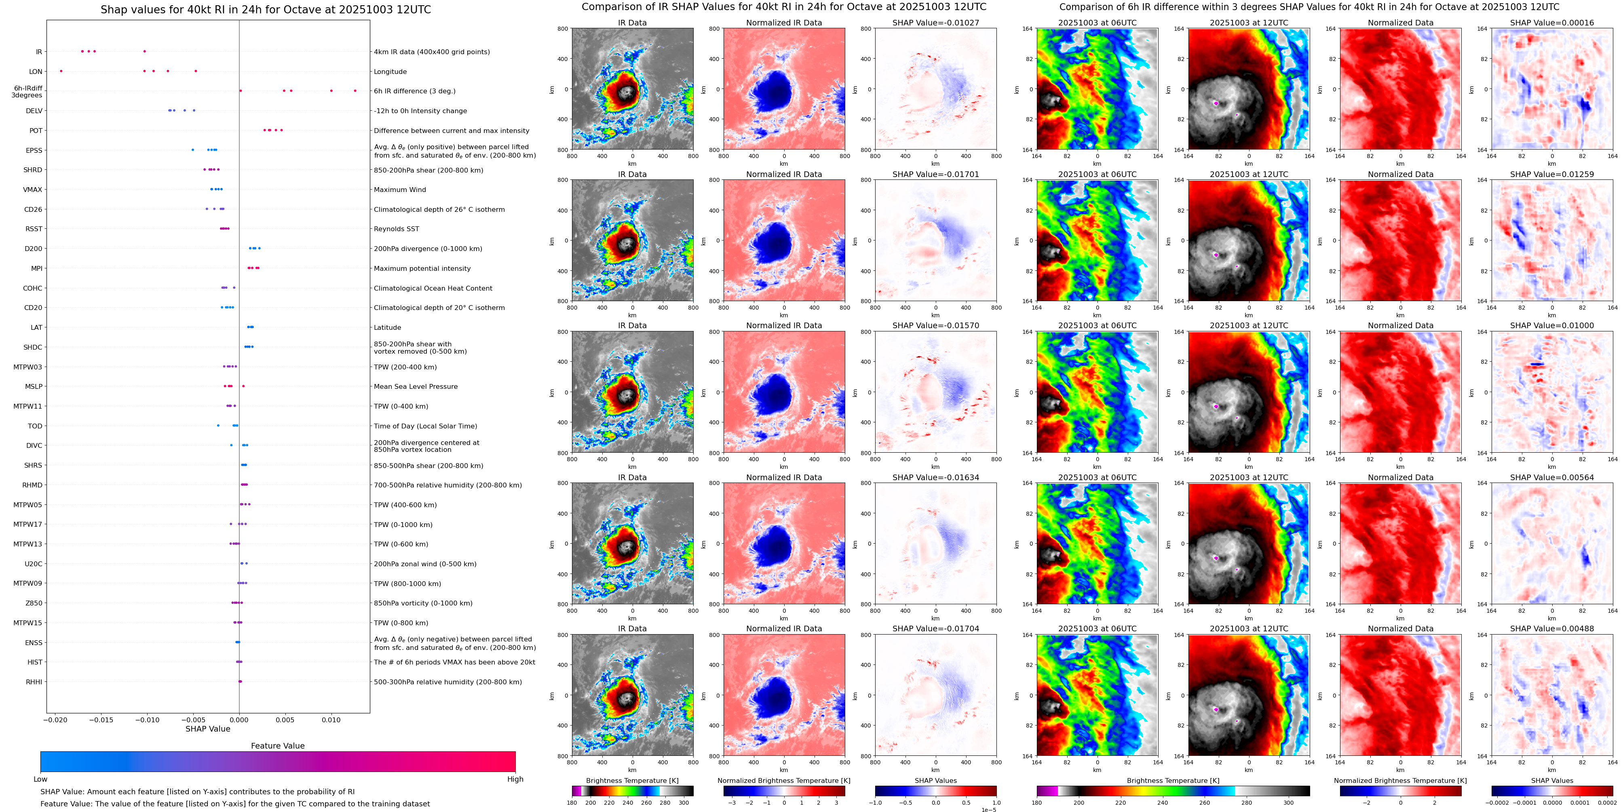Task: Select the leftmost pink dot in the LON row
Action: click(x=61, y=71)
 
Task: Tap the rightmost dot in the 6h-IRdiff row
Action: click(x=355, y=91)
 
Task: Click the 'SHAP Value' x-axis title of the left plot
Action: click(x=207, y=729)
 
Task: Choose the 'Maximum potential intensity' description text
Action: click(x=422, y=268)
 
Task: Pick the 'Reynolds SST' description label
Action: click(x=396, y=229)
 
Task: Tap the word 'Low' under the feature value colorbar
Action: click(x=40, y=779)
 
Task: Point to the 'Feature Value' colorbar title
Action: click(x=277, y=746)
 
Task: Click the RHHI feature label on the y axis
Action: click(x=34, y=681)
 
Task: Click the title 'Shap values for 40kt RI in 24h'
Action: click(x=265, y=9)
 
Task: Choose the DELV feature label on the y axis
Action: click(x=34, y=111)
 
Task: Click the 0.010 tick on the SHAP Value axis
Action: click(x=331, y=719)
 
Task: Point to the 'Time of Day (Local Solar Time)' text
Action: click(x=425, y=426)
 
